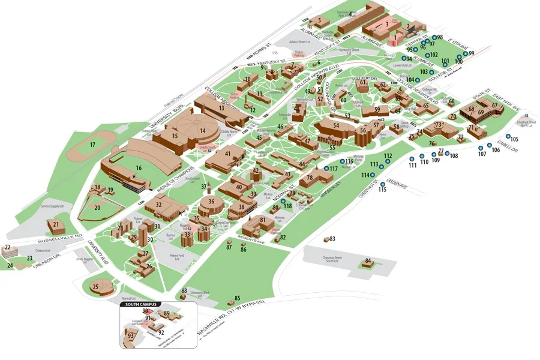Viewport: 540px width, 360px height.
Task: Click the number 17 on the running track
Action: tap(92, 145)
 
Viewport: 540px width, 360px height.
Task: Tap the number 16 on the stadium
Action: tap(139, 169)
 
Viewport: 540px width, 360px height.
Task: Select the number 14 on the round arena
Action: tap(203, 131)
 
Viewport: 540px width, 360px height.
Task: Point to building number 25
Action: tap(95, 287)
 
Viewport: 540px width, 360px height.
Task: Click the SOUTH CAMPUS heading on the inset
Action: tap(141, 305)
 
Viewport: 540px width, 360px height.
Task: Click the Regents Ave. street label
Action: tap(251, 239)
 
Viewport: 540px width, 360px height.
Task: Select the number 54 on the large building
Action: tap(336, 125)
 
